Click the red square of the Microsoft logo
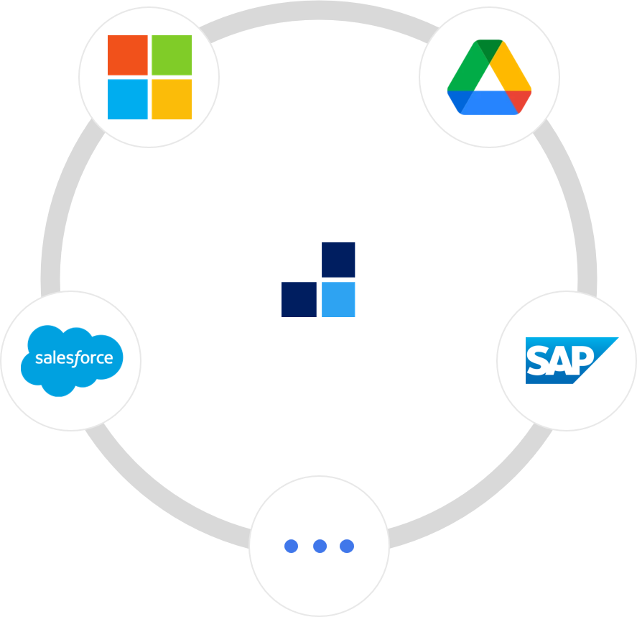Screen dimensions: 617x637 (x=127, y=55)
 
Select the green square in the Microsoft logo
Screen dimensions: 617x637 (x=172, y=55)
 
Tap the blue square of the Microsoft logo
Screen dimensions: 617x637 (x=127, y=99)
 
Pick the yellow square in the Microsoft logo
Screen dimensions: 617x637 (x=172, y=99)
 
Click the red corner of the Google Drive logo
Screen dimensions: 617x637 (x=520, y=101)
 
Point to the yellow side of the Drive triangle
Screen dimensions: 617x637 (x=512, y=72)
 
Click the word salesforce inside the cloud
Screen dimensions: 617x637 (x=74, y=357)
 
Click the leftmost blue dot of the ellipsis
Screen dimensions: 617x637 (x=291, y=546)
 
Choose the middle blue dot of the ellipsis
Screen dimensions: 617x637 (x=320, y=546)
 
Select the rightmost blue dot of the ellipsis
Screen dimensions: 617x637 (x=347, y=546)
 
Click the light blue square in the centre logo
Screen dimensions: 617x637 (x=338, y=299)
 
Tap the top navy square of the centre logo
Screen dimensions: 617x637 (x=338, y=260)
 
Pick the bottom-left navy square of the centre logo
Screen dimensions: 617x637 (x=299, y=299)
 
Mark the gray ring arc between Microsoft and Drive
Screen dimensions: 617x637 (x=318, y=10)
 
